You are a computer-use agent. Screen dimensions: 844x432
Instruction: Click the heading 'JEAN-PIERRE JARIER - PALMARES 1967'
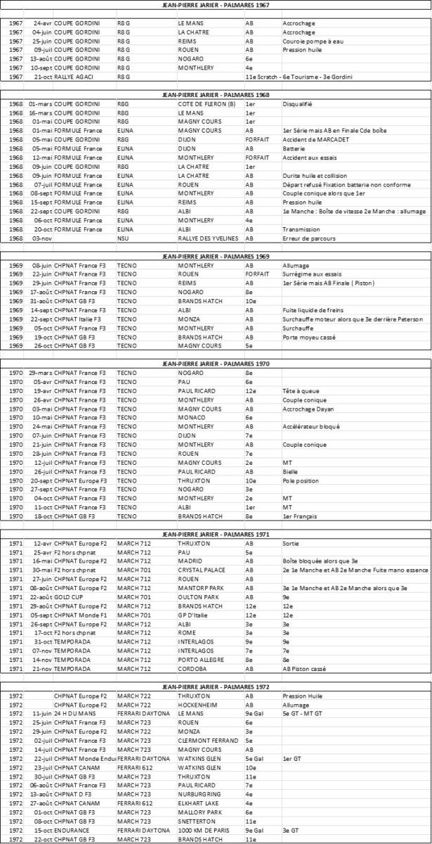click(x=216, y=5)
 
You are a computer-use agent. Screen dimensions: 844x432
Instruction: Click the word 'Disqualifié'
click(x=297, y=104)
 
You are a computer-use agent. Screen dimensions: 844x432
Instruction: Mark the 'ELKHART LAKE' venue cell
click(x=197, y=803)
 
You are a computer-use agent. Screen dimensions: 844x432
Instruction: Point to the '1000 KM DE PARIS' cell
click(x=203, y=829)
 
